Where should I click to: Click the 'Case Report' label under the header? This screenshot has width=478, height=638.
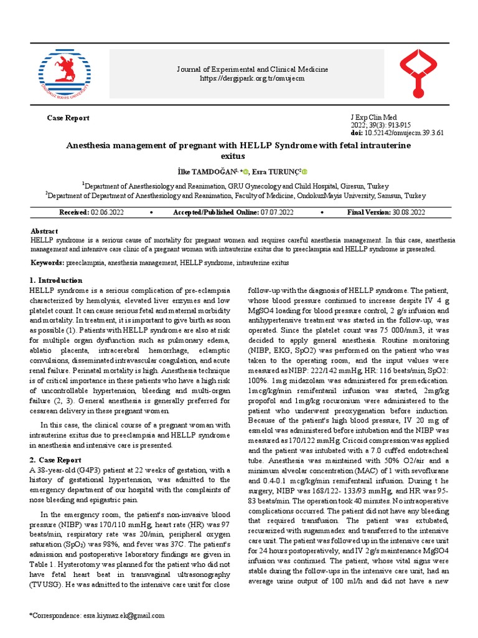68,118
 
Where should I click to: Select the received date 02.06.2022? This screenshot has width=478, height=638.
108,212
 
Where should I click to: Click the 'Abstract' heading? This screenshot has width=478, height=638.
44,231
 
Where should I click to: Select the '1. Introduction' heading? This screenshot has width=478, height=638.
57,280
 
